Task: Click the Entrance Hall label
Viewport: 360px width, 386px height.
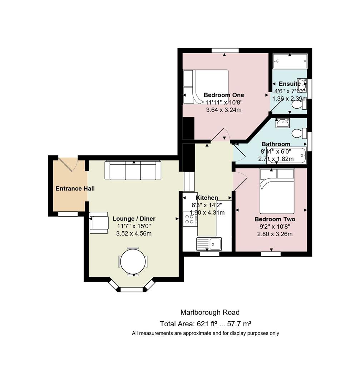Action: coord(75,189)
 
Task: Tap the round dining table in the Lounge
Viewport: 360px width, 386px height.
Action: coord(133,261)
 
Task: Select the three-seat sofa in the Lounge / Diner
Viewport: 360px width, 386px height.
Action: coord(133,170)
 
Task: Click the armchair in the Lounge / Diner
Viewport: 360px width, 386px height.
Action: coord(99,223)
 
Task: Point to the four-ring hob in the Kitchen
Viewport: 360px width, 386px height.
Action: coord(189,219)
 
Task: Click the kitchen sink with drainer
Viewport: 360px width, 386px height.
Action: coord(209,244)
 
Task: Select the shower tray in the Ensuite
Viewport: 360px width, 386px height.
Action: coord(290,61)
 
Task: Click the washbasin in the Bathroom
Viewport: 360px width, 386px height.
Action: coord(282,123)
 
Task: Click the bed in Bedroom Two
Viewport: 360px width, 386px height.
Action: coord(277,191)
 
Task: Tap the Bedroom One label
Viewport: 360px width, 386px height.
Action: coord(224,95)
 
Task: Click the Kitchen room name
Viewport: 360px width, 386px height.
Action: coord(207,198)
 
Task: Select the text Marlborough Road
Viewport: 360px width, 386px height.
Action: coord(210,312)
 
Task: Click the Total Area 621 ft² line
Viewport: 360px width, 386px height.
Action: coord(206,324)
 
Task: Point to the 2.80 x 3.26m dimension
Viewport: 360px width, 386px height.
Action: coord(275,234)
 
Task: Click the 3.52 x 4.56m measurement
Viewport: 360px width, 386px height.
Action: coord(134,233)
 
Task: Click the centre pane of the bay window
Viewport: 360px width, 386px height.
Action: coord(132,289)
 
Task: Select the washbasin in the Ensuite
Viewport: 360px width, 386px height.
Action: coord(302,85)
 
